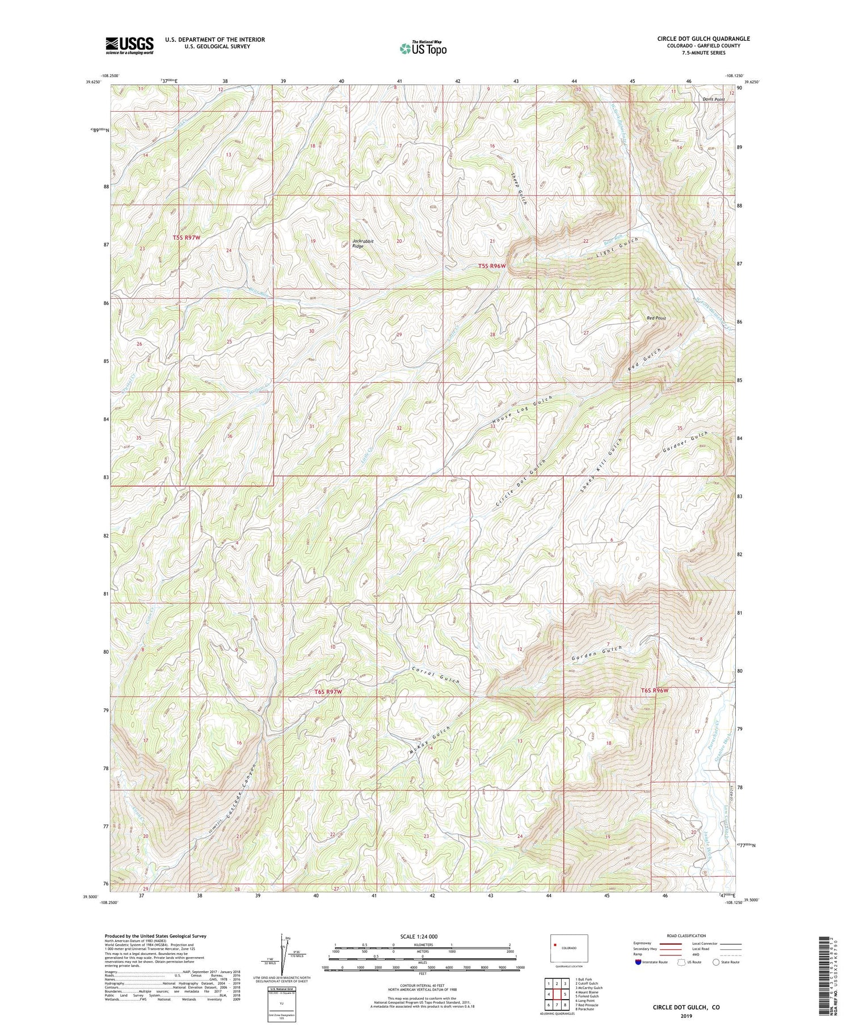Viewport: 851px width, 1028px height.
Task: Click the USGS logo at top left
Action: click(129, 45)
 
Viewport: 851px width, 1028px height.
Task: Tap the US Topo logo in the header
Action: click(423, 49)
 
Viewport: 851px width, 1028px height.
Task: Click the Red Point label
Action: click(656, 319)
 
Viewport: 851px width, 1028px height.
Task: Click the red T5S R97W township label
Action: click(187, 238)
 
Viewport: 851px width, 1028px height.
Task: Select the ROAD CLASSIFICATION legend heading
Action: click(686, 936)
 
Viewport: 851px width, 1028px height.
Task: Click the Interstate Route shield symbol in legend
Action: click(639, 962)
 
